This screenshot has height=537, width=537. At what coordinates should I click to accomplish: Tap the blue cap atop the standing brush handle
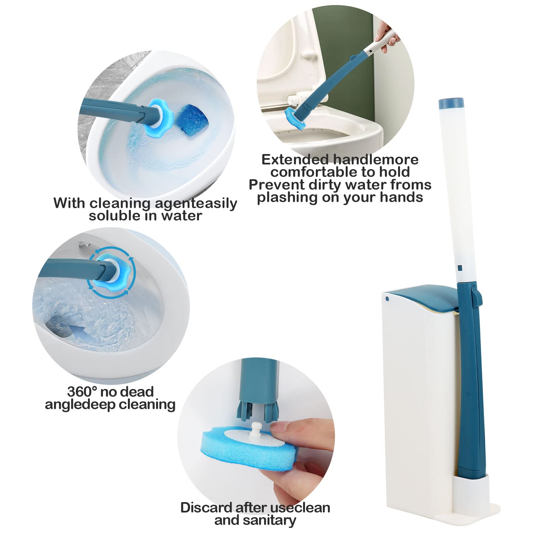point(451,103)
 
